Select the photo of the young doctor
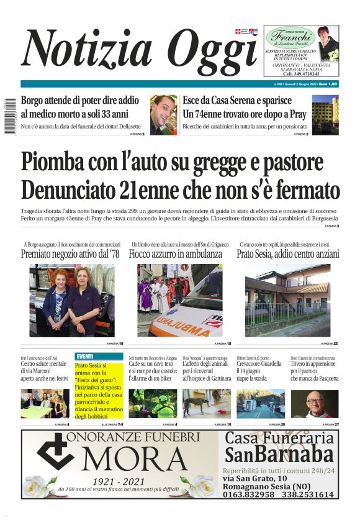(163, 114)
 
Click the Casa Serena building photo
(325, 114)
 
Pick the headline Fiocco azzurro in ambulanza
(175, 254)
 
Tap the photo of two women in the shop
(72, 301)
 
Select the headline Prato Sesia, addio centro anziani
(288, 254)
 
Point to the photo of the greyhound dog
(206, 404)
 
